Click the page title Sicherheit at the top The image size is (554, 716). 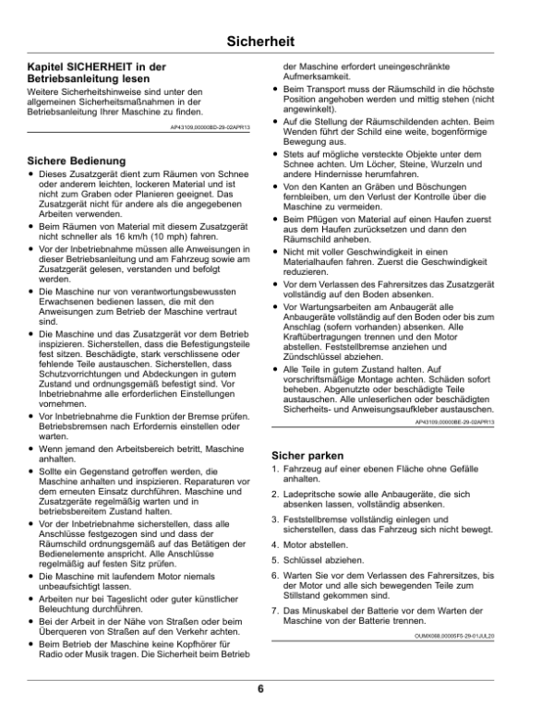pos(276,42)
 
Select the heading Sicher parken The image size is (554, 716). pos(307,455)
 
